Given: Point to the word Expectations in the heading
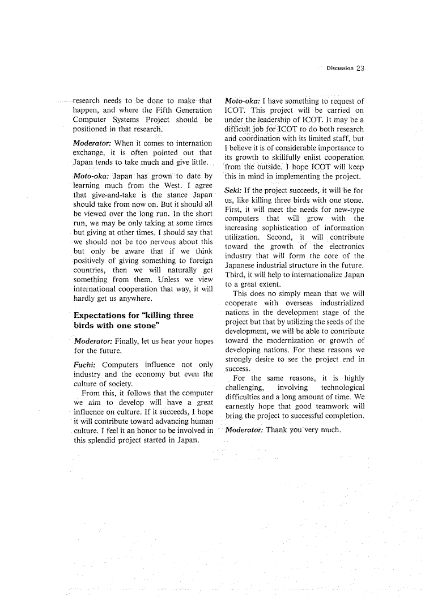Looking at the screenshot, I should (x=100, y=315).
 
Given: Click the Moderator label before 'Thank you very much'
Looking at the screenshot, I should (x=244, y=429).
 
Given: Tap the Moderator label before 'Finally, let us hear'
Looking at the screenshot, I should (x=93, y=342).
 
